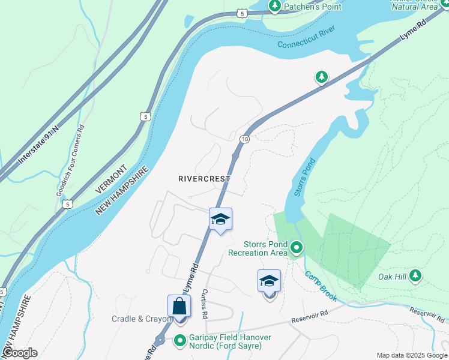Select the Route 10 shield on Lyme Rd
(244, 139)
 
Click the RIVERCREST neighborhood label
(203, 179)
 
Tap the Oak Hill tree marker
(415, 276)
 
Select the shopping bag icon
(179, 306)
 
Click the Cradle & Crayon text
(142, 319)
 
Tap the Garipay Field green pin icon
(179, 341)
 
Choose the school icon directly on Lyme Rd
(220, 220)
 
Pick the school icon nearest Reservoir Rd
(269, 281)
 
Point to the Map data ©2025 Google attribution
(411, 355)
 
